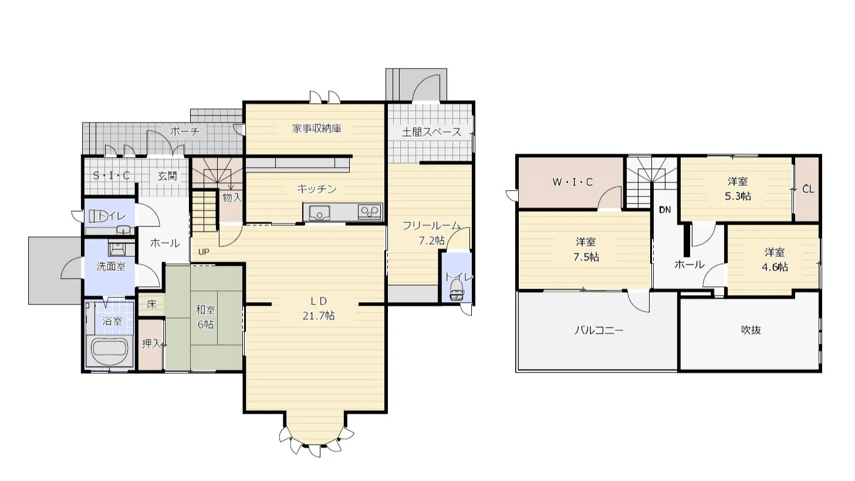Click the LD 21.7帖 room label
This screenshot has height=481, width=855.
[x=319, y=309]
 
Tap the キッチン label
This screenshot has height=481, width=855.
[x=316, y=189]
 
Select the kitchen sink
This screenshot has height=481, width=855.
[x=319, y=212]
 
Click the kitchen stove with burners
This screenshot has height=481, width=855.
[x=370, y=212]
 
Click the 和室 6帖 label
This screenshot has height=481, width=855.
[x=205, y=317]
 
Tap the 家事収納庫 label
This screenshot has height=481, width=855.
[x=317, y=128]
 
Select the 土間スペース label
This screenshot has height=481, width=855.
[x=432, y=133]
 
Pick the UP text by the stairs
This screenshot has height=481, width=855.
[x=204, y=252]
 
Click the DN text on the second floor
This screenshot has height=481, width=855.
[x=665, y=210]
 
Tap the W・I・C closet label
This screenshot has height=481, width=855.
[x=573, y=182]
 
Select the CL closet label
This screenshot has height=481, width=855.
[x=808, y=189]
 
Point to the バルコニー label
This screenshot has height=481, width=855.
[x=599, y=330]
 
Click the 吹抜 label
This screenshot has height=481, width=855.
[x=751, y=330]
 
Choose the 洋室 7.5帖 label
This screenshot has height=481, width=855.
[x=586, y=249]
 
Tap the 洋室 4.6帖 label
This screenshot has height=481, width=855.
[x=775, y=260]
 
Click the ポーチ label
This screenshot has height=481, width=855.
[x=185, y=131]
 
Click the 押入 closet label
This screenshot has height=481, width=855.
[x=152, y=344]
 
